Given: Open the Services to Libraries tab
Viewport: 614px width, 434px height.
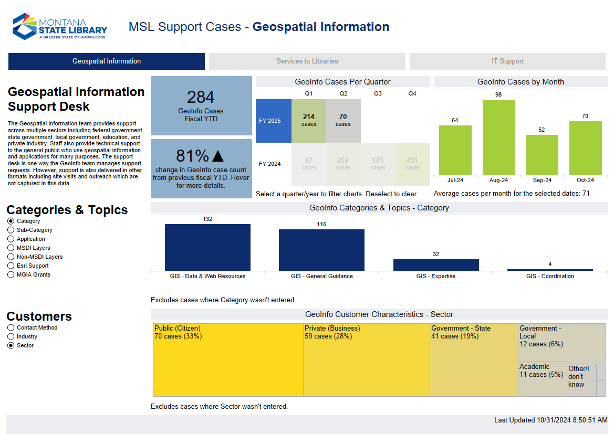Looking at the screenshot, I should (x=307, y=61).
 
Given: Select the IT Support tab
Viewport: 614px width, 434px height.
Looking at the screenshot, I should (x=507, y=61).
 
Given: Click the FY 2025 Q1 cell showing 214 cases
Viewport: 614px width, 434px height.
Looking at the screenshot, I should (x=309, y=121).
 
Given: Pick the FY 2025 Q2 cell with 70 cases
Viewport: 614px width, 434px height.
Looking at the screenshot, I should (x=343, y=121).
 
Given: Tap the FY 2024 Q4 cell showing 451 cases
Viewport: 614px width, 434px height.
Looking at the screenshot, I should (x=412, y=164).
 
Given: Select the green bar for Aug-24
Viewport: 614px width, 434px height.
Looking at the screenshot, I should (x=498, y=137).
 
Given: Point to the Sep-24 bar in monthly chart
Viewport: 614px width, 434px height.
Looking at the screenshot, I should (x=542, y=155).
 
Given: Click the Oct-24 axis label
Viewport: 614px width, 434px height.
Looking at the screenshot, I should (x=585, y=180).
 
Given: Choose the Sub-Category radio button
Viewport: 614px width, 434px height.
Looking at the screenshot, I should (x=11, y=230).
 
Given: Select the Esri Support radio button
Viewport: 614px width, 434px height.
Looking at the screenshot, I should (x=11, y=266).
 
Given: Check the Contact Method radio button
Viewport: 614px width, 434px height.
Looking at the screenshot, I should (x=11, y=328).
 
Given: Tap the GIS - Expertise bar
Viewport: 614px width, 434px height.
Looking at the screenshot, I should (x=436, y=264).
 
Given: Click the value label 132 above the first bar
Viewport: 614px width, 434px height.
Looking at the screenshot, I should (x=207, y=219).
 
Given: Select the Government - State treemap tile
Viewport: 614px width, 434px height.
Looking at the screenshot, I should (x=474, y=359).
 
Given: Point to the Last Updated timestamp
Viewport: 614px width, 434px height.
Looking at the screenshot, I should (x=550, y=420).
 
